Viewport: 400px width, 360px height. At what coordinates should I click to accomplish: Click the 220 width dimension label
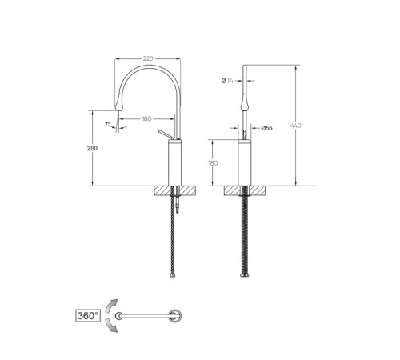148,58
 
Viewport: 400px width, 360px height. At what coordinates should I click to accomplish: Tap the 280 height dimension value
92,148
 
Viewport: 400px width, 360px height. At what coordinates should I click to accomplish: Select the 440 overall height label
296,126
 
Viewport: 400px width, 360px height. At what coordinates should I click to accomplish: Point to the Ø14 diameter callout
227,81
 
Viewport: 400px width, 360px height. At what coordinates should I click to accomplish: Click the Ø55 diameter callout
266,128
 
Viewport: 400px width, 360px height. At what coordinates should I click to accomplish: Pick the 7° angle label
107,124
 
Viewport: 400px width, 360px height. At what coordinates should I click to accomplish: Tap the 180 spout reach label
146,118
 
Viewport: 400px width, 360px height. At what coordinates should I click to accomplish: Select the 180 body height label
213,163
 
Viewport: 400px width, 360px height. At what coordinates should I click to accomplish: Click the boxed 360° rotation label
88,316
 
